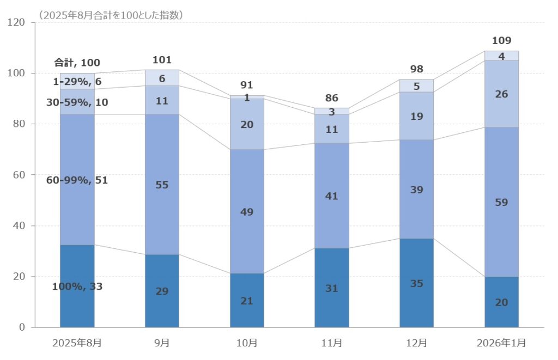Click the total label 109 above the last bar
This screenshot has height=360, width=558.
(501, 41)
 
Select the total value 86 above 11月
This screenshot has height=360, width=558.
(331, 99)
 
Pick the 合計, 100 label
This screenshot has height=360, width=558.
(77, 63)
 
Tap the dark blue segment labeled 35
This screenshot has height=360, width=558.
(416, 283)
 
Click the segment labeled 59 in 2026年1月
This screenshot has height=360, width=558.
(501, 203)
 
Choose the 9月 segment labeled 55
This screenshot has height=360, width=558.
(162, 185)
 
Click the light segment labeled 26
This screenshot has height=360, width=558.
(501, 94)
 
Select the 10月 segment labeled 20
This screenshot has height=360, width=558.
(247, 125)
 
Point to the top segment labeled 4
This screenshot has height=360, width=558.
(501, 56)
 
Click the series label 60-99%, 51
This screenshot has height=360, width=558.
(77, 180)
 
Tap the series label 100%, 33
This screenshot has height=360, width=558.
(77, 286)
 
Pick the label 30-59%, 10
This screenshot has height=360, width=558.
(77, 102)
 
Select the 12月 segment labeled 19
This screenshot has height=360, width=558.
(416, 116)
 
